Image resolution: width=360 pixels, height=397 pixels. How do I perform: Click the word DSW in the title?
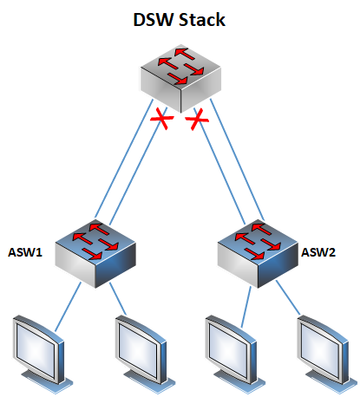pos(154,20)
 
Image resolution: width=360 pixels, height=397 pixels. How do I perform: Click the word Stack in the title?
pos(202,20)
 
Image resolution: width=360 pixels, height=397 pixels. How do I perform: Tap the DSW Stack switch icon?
pos(180,78)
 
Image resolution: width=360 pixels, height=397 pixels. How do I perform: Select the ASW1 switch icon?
pos(95,254)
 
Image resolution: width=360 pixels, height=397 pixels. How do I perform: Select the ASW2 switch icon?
pos(258,254)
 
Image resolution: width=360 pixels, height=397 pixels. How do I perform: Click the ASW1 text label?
pos(25,252)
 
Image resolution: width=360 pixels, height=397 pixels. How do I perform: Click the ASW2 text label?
pos(318,252)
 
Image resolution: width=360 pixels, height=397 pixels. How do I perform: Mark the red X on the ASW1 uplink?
pos(162,118)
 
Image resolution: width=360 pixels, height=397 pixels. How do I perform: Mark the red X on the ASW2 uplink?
pos(197,119)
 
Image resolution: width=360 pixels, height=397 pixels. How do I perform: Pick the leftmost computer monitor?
pos(42,355)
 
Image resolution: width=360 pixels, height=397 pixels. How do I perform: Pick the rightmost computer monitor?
pos(327,355)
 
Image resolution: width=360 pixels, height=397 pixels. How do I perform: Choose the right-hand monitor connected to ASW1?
pos(145,355)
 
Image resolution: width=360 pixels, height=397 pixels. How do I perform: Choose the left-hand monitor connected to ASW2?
pos(235,355)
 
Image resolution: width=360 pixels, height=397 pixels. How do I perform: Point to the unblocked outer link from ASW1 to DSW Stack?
pos(124,159)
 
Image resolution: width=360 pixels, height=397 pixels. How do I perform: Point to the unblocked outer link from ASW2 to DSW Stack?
pos(237,159)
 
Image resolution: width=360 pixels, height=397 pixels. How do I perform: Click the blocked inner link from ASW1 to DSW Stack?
pos(138,166)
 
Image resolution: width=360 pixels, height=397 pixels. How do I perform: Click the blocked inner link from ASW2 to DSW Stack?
pos(219,166)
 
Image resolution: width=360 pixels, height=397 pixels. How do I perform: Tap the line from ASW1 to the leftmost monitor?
pos(68,307)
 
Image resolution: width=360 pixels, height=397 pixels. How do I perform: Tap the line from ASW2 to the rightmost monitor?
pos(288,297)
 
